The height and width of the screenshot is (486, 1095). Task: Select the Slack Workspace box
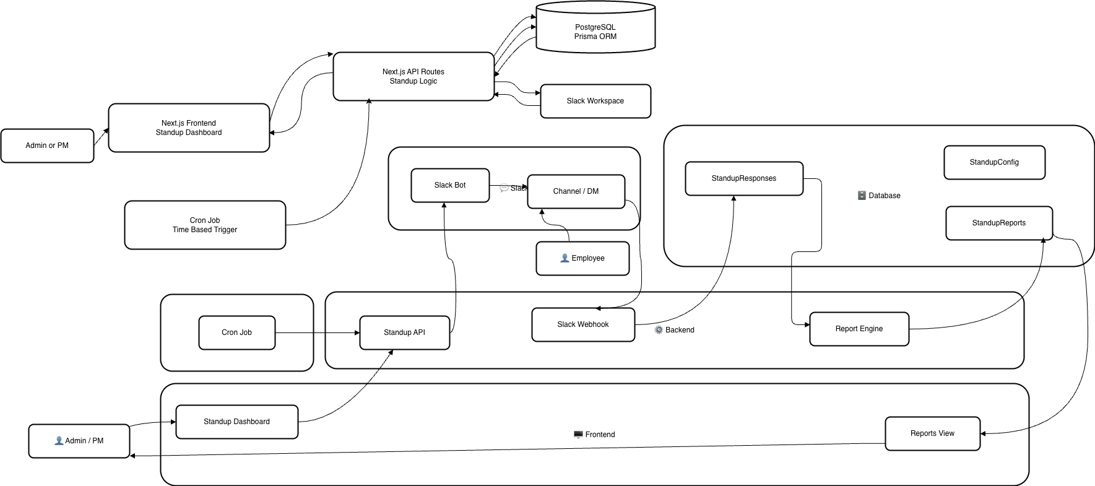click(x=595, y=101)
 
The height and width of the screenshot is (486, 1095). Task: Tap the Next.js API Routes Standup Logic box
click(x=413, y=76)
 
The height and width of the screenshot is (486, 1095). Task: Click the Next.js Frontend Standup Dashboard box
click(x=189, y=128)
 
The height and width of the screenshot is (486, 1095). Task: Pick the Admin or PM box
click(x=47, y=145)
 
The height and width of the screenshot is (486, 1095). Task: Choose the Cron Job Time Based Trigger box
click(x=205, y=225)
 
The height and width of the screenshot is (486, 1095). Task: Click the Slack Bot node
click(x=450, y=185)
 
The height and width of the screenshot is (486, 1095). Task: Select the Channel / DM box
click(x=576, y=191)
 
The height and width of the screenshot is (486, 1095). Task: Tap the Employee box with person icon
click(x=582, y=258)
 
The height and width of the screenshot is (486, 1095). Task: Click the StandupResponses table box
click(x=743, y=178)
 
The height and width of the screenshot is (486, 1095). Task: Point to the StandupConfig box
click(x=994, y=162)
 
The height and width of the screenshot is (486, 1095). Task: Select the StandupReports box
click(x=998, y=223)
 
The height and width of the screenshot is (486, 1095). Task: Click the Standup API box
click(x=404, y=332)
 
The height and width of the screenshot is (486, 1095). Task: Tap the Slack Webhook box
click(x=582, y=324)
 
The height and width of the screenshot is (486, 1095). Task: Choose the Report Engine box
click(x=859, y=329)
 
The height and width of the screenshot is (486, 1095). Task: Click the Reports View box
click(x=932, y=433)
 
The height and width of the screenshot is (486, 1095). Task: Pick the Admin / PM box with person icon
click(x=79, y=441)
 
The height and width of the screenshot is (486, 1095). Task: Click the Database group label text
click(x=884, y=196)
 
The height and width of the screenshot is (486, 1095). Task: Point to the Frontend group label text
click(x=599, y=435)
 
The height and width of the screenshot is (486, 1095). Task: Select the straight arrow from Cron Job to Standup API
click(x=317, y=333)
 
